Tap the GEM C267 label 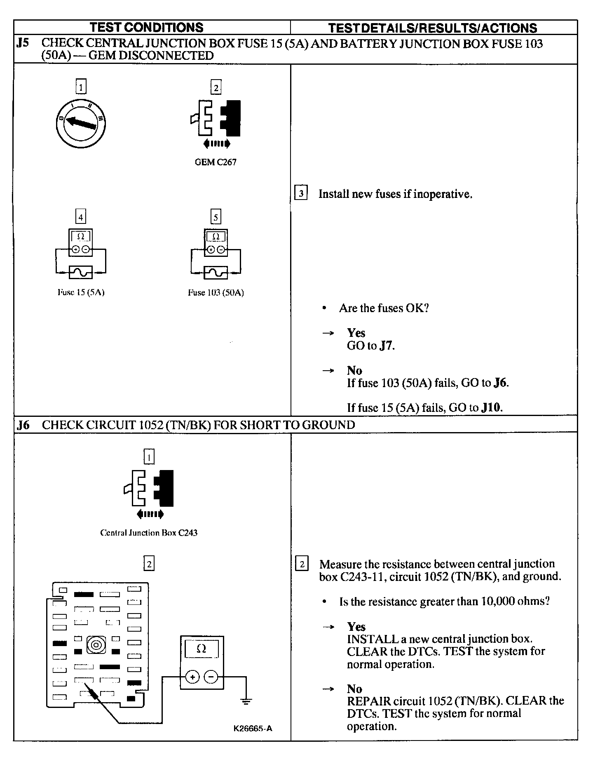[216, 162]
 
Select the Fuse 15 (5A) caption [81, 293]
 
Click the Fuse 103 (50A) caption [216, 293]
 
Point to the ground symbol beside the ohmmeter [246, 701]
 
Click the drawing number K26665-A [253, 728]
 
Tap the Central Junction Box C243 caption [149, 533]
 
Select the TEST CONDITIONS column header [147, 28]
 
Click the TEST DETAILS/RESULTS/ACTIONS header [432, 28]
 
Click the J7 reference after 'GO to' [386, 346]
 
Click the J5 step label [23, 43]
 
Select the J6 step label [23, 425]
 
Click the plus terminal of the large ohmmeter [192, 677]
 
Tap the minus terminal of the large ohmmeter [211, 677]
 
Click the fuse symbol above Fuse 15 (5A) [81, 273]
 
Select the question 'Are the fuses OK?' [384, 308]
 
